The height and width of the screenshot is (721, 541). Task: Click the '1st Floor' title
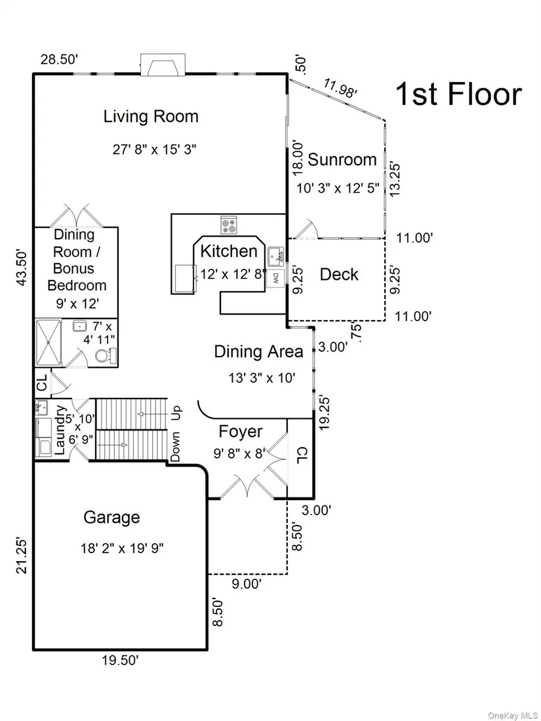click(458, 94)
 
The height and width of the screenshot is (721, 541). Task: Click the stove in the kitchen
click(229, 225)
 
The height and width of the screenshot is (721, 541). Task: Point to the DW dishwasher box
click(275, 278)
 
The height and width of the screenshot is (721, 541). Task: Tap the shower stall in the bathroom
click(49, 343)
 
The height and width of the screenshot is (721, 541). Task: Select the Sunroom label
click(342, 159)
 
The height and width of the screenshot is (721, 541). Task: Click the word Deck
click(339, 275)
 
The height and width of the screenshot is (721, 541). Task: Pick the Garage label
click(111, 517)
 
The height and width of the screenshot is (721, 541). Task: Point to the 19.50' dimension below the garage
click(120, 661)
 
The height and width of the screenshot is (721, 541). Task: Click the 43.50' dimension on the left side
click(22, 268)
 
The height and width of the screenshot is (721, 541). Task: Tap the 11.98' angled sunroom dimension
click(340, 88)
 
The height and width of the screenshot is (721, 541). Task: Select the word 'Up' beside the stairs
click(176, 412)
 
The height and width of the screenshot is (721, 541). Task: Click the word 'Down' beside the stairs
click(176, 447)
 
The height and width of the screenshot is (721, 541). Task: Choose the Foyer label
click(241, 432)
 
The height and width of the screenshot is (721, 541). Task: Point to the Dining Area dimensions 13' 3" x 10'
click(262, 378)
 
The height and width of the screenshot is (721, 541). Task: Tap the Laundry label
click(60, 430)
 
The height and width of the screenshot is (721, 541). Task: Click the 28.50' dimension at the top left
click(59, 60)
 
